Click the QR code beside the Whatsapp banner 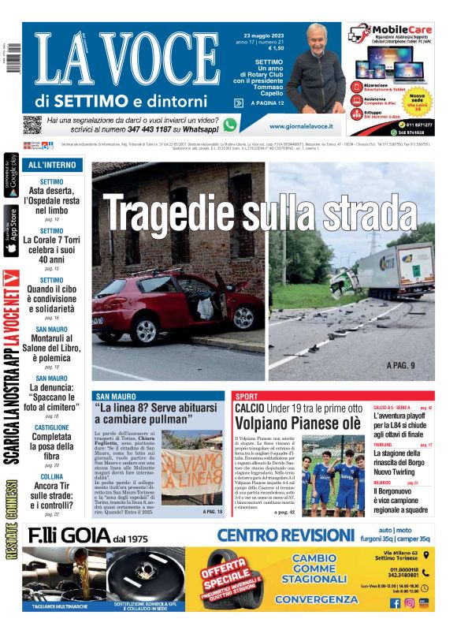[32, 125]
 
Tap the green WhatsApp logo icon [229, 125]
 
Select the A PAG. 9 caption [405, 366]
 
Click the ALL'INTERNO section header [52, 165]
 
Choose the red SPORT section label [246, 396]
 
